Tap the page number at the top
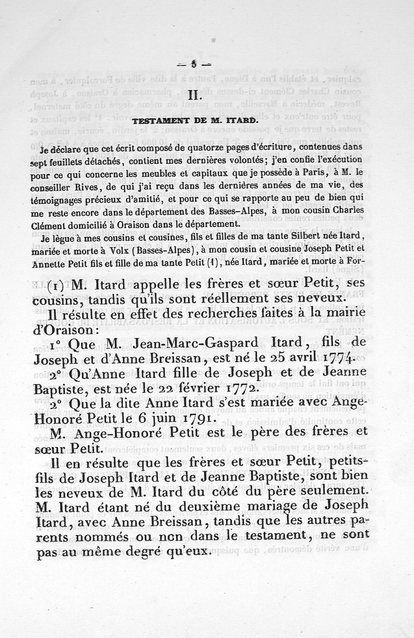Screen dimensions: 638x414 point(194,65)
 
